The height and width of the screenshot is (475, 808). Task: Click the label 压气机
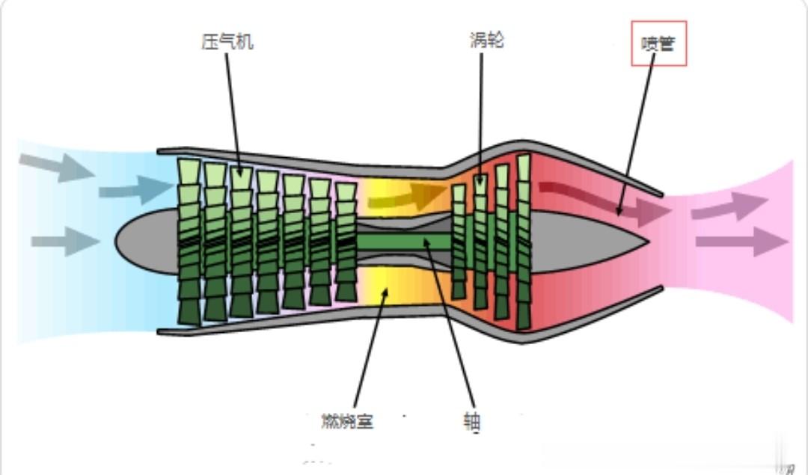tap(227, 41)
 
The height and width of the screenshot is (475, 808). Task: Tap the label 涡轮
tap(485, 40)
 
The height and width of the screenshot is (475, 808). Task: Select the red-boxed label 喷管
tap(658, 44)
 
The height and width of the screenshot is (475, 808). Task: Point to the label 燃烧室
tap(343, 422)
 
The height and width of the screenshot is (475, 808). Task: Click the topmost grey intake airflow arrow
tap(57, 167)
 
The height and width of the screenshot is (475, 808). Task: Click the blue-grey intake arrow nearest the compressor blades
tap(135, 190)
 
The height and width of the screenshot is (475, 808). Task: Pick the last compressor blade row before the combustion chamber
tap(346, 241)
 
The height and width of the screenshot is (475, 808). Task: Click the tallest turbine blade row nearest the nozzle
tap(523, 241)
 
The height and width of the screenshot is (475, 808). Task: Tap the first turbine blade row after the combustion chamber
tap(459, 241)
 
